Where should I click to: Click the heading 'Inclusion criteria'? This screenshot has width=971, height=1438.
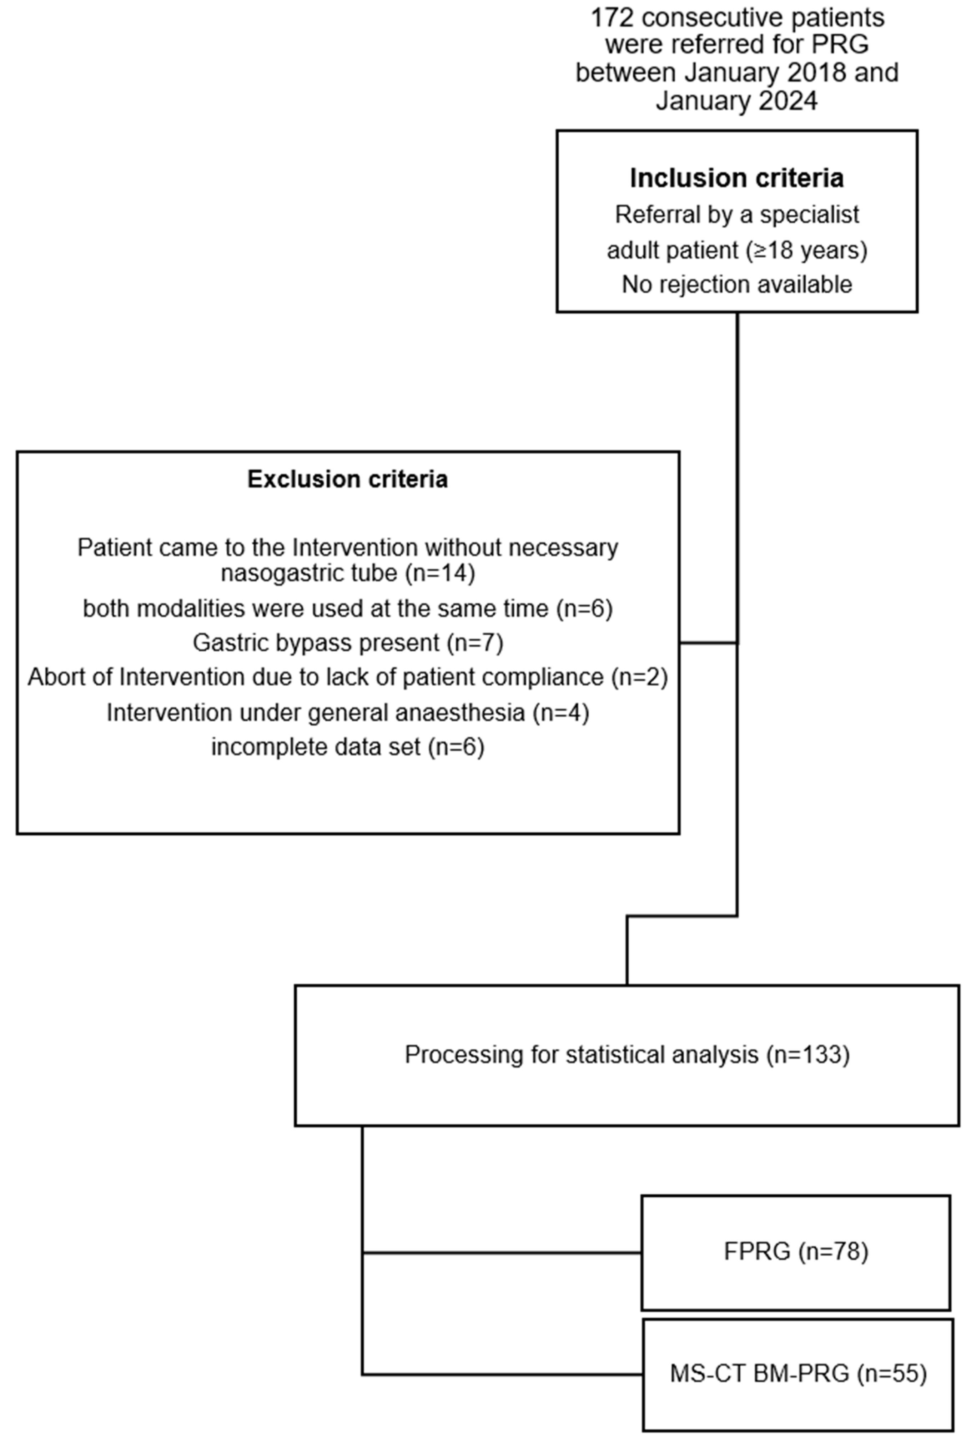[x=736, y=178]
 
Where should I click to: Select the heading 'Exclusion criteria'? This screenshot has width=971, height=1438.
[x=347, y=480]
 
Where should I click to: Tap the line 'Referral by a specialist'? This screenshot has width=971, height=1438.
[x=736, y=215]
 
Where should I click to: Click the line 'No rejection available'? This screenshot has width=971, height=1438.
[x=736, y=284]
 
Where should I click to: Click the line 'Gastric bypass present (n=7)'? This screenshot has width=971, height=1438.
[x=348, y=643]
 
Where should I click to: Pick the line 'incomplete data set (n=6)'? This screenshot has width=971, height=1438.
[x=348, y=747]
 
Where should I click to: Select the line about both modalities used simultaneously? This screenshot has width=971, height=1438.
[x=348, y=609]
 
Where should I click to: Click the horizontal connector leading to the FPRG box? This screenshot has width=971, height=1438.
[x=501, y=1253]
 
